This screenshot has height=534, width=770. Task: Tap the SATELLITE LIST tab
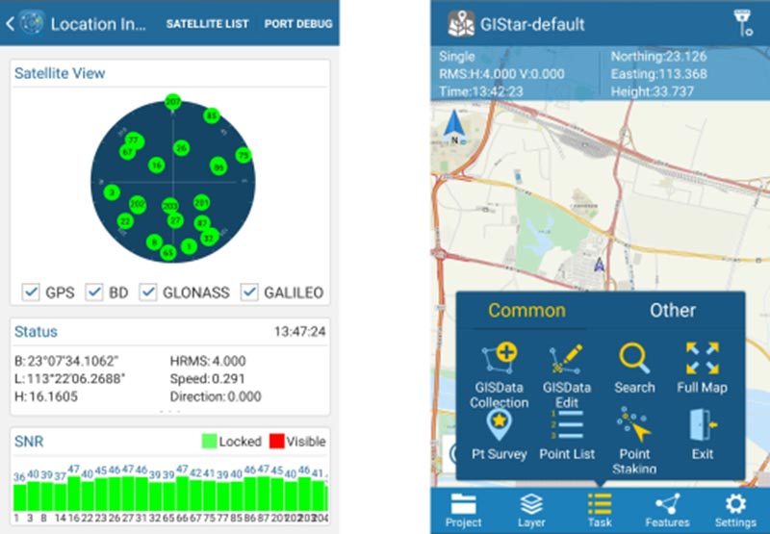click(x=207, y=23)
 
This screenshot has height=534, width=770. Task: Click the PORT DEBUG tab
click(x=298, y=23)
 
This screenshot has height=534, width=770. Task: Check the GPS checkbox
click(x=31, y=292)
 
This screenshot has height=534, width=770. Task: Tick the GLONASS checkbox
click(x=149, y=292)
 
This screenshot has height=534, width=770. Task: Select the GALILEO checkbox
click(x=249, y=292)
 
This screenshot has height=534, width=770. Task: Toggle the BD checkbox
click(x=94, y=292)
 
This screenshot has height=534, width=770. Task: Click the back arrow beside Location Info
click(x=10, y=23)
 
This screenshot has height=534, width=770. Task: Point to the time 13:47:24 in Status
click(x=299, y=332)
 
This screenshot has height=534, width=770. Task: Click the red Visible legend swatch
click(x=275, y=442)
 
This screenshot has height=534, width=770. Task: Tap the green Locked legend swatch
click(x=208, y=442)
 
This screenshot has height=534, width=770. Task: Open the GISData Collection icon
click(x=500, y=358)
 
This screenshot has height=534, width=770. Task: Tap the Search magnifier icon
click(x=634, y=358)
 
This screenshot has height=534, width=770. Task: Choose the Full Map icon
click(x=703, y=358)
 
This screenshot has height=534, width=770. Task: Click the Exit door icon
click(x=703, y=425)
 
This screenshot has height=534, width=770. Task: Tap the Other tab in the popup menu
click(x=672, y=310)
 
